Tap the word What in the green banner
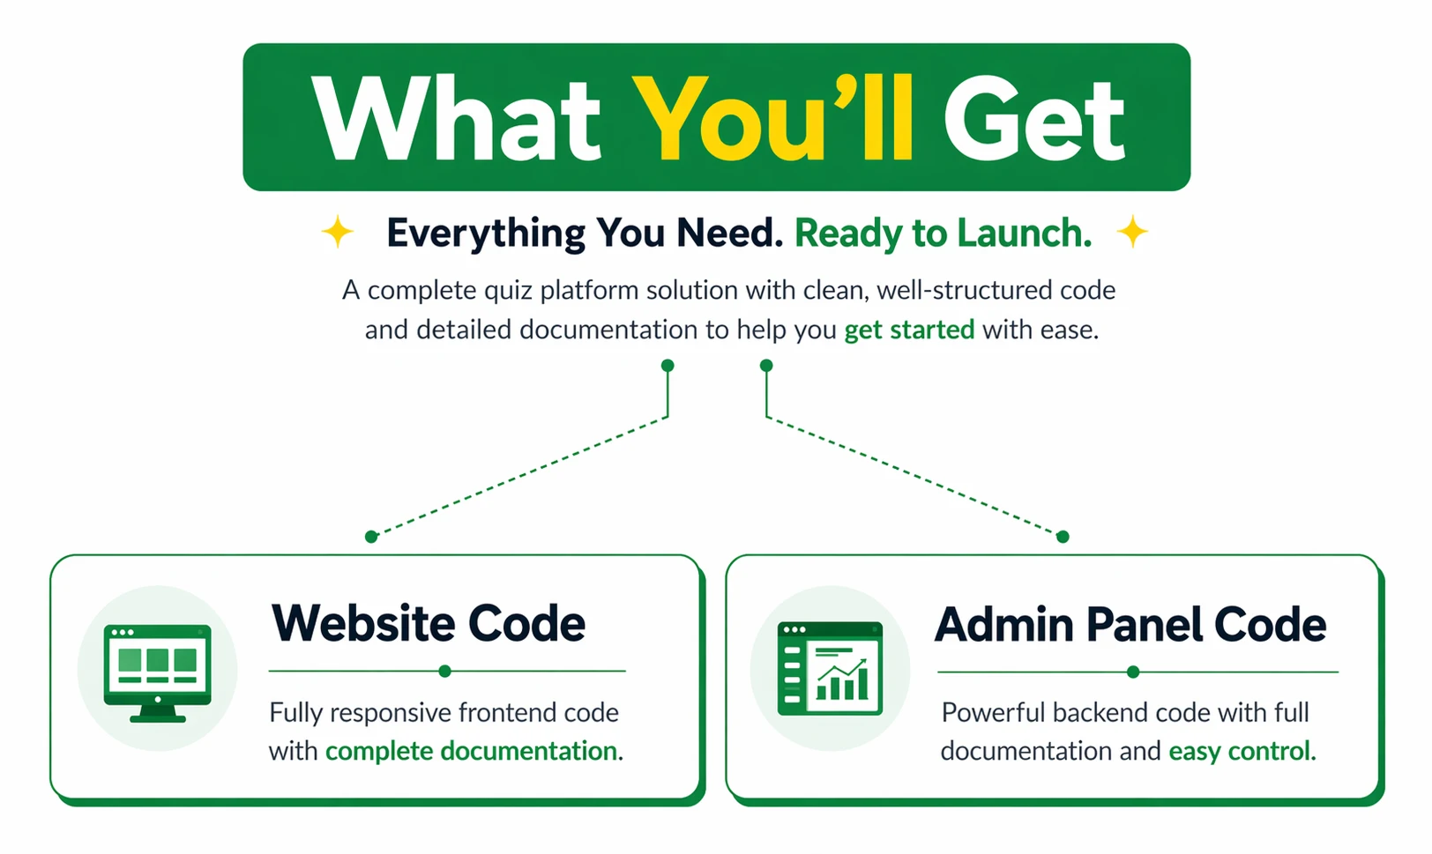(x=457, y=117)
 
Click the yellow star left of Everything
(x=337, y=231)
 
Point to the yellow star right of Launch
(x=1132, y=231)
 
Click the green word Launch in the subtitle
(x=1019, y=233)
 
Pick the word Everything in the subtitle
(x=486, y=234)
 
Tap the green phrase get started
(x=909, y=330)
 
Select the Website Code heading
(x=429, y=623)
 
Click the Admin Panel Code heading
(x=1130, y=624)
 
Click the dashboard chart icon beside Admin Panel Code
(x=830, y=668)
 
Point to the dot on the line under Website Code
(x=445, y=672)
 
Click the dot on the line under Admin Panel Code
(x=1133, y=672)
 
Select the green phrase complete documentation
(x=471, y=751)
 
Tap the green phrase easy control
(x=1240, y=751)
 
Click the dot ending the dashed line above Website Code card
(x=371, y=537)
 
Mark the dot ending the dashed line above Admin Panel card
(x=1063, y=537)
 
